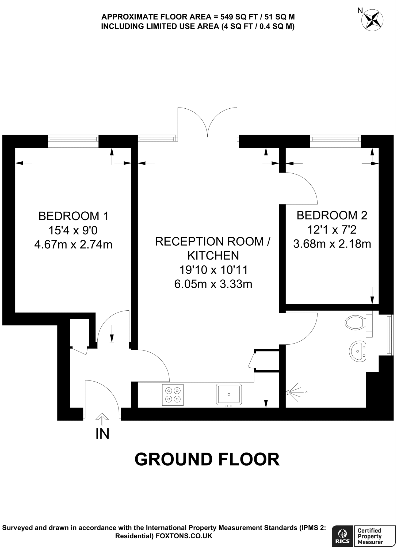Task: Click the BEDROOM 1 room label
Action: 74,216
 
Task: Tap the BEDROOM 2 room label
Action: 332,215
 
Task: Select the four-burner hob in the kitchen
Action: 173,395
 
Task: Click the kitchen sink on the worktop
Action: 229,394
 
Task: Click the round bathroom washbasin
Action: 357,351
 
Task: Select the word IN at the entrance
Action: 102,434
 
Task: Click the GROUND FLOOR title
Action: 207,459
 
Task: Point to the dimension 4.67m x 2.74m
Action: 73,245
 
